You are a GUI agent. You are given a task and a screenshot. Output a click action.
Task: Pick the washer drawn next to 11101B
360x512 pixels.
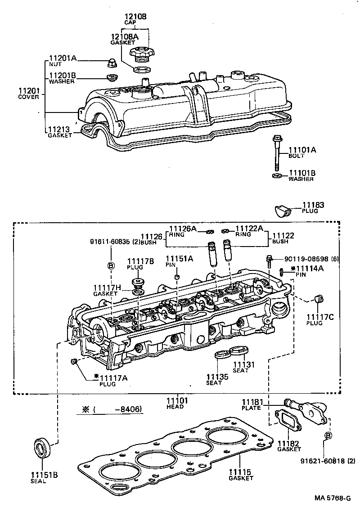277,175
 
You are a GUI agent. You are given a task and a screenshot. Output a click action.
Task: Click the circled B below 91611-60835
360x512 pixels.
110,265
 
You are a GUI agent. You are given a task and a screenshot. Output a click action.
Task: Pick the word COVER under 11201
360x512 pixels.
28,97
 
